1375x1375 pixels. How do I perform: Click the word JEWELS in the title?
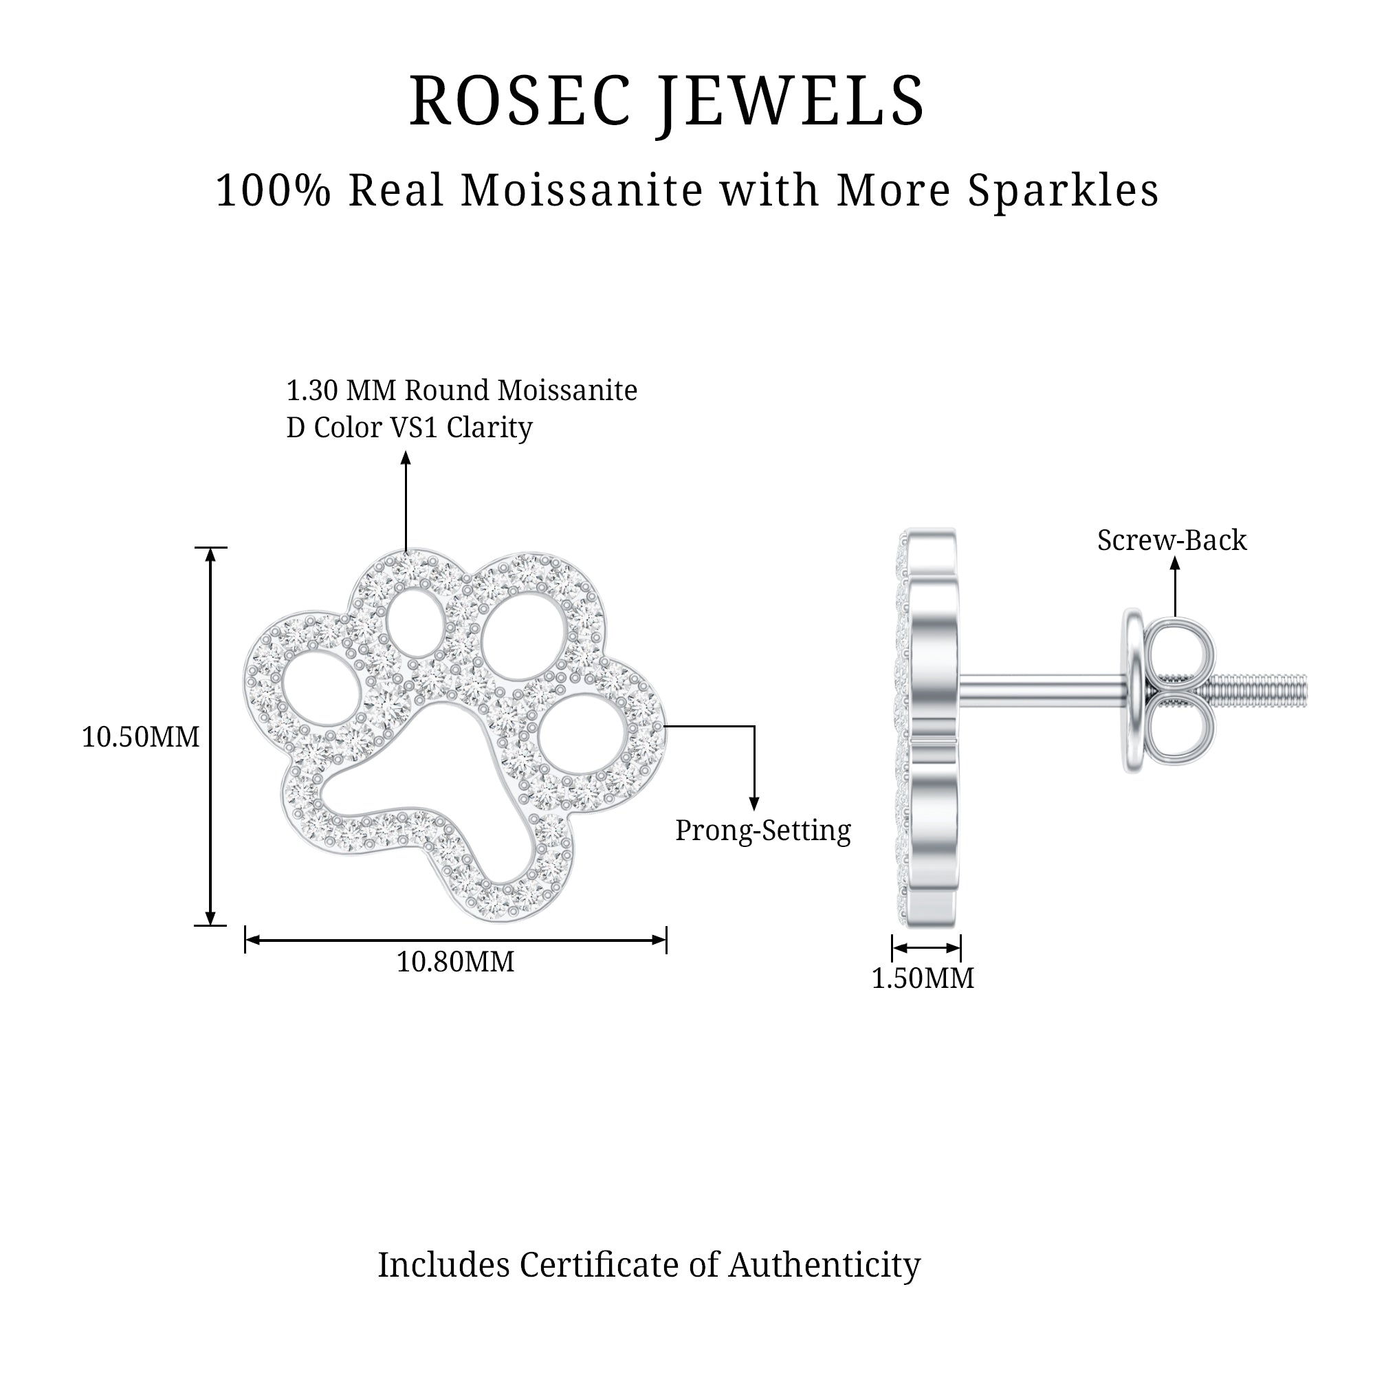pyautogui.click(x=791, y=102)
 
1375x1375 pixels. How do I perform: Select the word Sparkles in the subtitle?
pyautogui.click(x=1063, y=190)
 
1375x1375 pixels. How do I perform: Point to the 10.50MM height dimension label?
pyautogui.click(x=140, y=737)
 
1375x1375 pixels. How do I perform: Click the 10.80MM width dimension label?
pyautogui.click(x=454, y=962)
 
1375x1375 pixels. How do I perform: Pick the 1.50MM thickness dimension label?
pyautogui.click(x=923, y=978)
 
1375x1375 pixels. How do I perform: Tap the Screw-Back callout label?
pyautogui.click(x=1171, y=540)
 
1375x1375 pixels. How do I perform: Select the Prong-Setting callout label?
pyautogui.click(x=762, y=830)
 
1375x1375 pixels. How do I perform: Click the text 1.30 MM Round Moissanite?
pyautogui.click(x=461, y=390)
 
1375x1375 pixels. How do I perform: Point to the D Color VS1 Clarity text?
pyautogui.click(x=409, y=428)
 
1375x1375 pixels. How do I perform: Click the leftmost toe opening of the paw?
pyautogui.click(x=317, y=684)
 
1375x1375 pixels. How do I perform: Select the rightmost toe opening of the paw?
pyautogui.click(x=582, y=734)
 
